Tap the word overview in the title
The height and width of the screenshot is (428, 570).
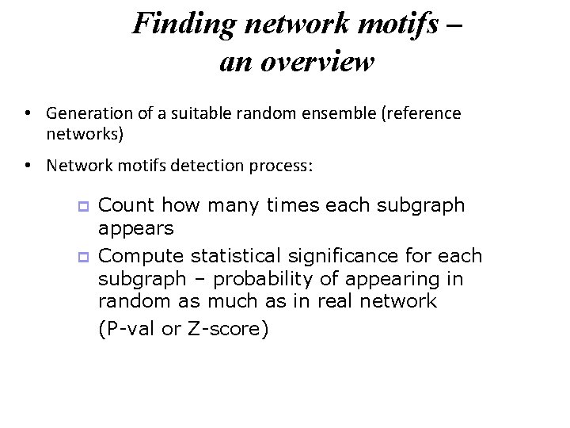click(x=315, y=61)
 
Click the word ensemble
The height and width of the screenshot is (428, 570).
click(x=339, y=113)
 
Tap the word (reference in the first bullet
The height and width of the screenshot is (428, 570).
click(x=420, y=113)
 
